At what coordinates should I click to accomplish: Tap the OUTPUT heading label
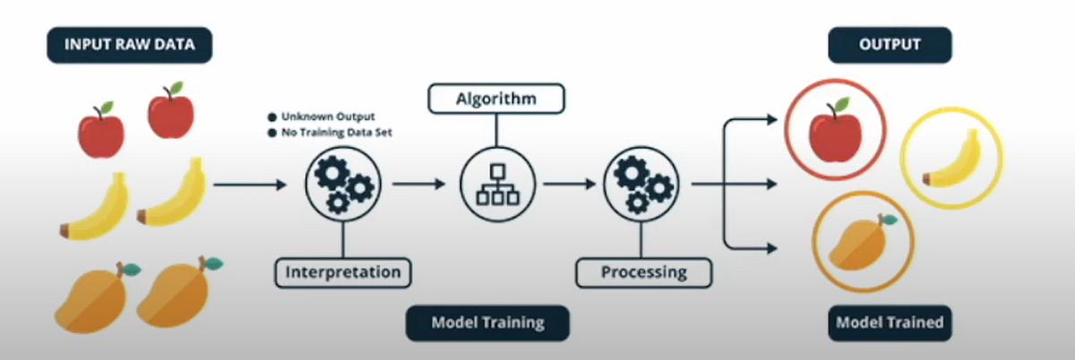coord(889,45)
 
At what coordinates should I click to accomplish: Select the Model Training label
coord(487,322)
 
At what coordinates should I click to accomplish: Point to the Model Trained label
coord(890,322)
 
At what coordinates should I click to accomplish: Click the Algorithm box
coord(496,98)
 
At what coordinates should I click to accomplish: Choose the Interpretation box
coord(343,270)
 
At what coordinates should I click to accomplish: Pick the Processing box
coord(644,270)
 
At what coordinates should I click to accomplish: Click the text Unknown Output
coord(329,117)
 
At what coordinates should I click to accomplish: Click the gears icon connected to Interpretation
coord(343,184)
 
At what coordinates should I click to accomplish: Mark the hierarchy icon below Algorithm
coord(496,184)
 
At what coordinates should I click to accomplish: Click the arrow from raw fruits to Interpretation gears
coord(251,184)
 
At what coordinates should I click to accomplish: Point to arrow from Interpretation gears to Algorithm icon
coord(418,184)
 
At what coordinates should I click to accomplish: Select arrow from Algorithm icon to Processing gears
coord(570,184)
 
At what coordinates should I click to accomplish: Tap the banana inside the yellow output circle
coord(951,159)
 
